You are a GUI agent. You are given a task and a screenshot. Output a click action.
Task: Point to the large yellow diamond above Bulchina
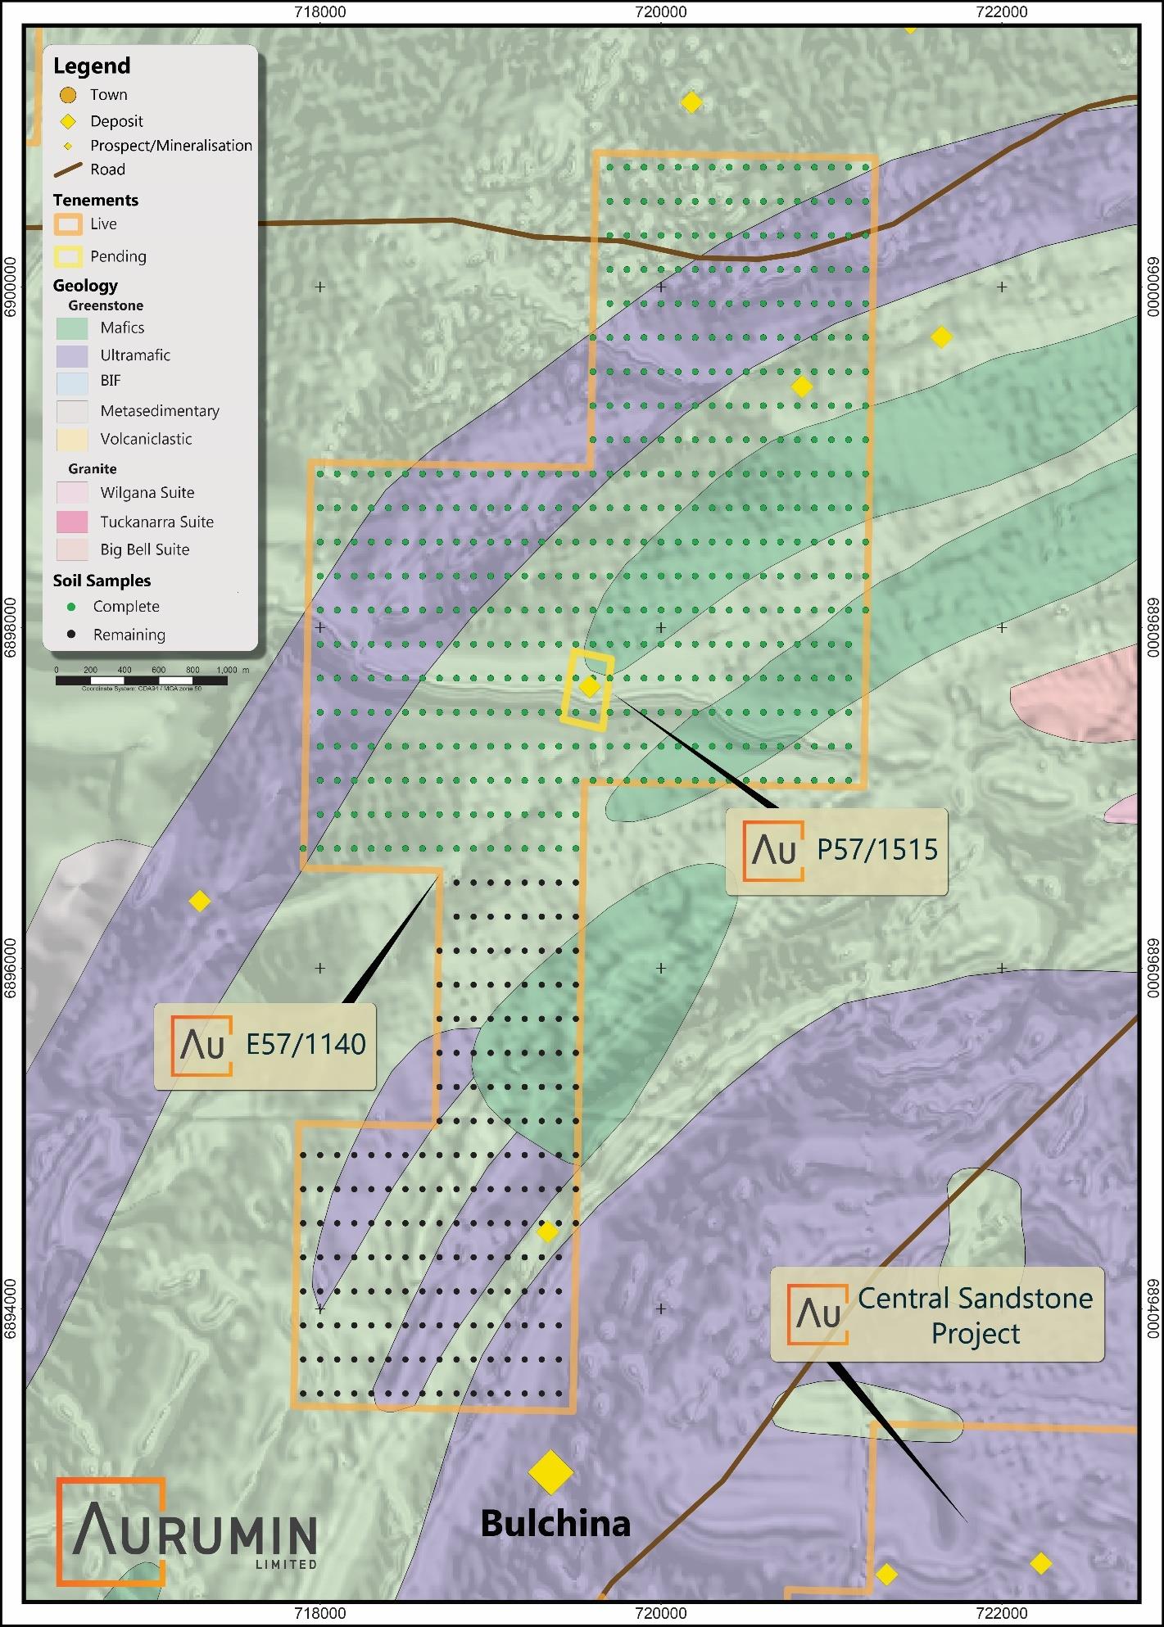(x=550, y=1472)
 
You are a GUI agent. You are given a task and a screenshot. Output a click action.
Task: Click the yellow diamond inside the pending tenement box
(x=589, y=686)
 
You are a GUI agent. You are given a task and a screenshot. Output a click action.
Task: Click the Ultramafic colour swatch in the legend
(x=72, y=355)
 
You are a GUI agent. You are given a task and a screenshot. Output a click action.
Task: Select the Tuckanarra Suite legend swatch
(x=72, y=522)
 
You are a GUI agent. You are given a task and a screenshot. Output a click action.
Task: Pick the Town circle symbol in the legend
(x=68, y=95)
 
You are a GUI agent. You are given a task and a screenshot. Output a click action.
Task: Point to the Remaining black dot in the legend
(x=72, y=635)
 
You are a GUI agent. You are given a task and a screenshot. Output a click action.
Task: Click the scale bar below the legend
(x=142, y=680)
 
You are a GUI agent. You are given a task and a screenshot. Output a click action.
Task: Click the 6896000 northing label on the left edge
(x=11, y=968)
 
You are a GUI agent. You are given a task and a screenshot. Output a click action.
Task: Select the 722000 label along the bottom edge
(x=1002, y=1614)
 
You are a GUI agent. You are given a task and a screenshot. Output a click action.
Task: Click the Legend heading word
(x=92, y=66)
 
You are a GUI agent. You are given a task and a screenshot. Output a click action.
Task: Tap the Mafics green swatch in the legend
(x=72, y=328)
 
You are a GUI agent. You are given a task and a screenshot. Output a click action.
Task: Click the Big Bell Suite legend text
(x=145, y=549)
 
